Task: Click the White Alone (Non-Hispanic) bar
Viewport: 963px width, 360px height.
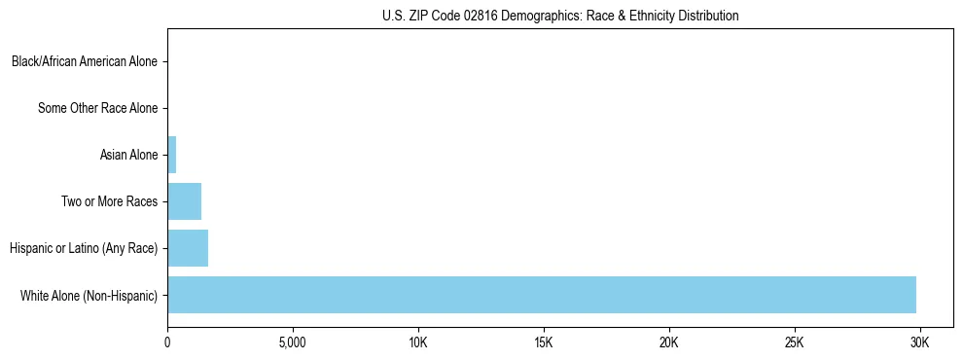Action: tap(542, 295)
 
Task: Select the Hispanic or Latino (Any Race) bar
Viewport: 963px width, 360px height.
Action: tap(188, 248)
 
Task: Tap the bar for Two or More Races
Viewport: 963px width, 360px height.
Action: tap(184, 201)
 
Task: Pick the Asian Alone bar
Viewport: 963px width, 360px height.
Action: tap(171, 155)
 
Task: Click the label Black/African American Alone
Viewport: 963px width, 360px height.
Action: tap(85, 62)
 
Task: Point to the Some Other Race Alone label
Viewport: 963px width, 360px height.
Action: tap(97, 108)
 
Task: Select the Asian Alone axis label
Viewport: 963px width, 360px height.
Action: tap(128, 155)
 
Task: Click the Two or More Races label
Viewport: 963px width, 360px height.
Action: tap(109, 201)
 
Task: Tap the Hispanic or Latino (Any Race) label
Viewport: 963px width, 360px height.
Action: tap(84, 248)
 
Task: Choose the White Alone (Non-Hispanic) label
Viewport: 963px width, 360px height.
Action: tap(89, 295)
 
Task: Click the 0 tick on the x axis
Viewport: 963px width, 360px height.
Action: tap(167, 343)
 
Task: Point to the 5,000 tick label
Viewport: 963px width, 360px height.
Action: tap(293, 343)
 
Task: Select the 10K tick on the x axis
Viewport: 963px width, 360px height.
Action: tap(418, 343)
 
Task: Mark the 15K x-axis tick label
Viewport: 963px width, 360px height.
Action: tap(544, 343)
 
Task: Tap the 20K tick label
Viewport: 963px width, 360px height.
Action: tap(669, 343)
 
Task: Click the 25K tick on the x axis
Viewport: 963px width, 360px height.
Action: tap(795, 343)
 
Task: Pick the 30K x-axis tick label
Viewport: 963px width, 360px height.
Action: tap(919, 343)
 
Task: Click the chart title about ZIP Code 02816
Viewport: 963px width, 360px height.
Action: tap(560, 16)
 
